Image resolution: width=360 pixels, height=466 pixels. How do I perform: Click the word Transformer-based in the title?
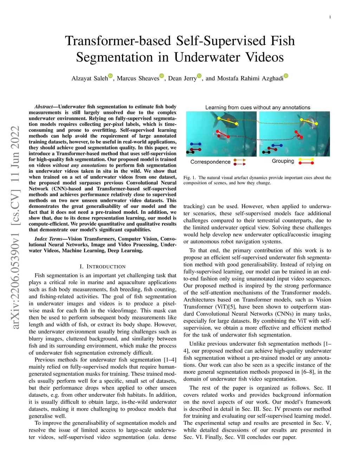coord(118,41)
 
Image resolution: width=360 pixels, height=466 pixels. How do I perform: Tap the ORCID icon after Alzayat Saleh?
coord(110,76)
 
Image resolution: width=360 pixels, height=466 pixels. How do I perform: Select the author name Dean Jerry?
coord(182,78)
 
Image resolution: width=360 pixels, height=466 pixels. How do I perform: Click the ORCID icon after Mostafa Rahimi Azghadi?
coord(286,76)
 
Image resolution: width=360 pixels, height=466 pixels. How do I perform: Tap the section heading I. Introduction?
coord(103,267)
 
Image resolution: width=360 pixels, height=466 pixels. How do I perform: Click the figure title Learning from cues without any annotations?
coord(258,107)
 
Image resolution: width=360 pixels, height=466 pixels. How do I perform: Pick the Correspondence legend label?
coord(210,162)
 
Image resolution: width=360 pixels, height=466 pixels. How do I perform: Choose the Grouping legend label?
coord(283,161)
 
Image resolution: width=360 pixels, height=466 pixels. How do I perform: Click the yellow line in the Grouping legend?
coord(306,159)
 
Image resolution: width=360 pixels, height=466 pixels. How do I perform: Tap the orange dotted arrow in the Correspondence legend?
coord(240,160)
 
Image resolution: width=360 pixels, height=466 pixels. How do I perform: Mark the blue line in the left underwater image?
coord(195,144)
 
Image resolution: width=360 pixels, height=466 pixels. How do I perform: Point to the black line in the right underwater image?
coord(266,152)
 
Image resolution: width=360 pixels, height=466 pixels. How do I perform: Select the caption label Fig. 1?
coord(189,178)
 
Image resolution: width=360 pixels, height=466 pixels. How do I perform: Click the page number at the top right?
coord(330,17)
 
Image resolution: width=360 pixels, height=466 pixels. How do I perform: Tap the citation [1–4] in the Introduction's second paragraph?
coord(170,360)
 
